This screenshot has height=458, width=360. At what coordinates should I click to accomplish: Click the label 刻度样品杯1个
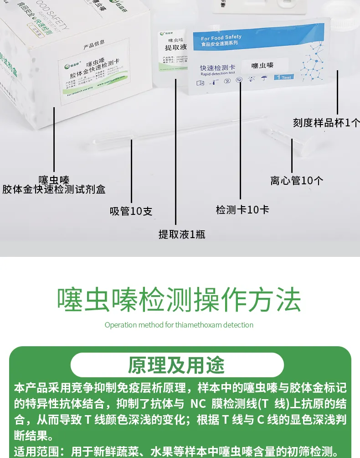click(x=326, y=123)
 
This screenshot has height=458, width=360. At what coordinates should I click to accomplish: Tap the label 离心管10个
click(x=297, y=180)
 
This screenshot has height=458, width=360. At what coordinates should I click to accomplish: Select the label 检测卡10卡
click(x=242, y=209)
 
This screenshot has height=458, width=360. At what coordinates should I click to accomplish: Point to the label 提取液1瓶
click(x=182, y=234)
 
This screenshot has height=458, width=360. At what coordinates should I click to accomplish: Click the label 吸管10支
click(x=131, y=211)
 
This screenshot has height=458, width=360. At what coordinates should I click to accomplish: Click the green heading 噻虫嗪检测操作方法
click(x=179, y=300)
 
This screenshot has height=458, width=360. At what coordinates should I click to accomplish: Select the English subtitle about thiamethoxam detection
click(x=179, y=325)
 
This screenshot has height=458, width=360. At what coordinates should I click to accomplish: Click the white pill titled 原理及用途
click(x=177, y=365)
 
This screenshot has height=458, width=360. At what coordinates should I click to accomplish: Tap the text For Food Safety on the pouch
click(x=221, y=37)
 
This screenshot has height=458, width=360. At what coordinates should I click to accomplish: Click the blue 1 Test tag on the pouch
click(x=283, y=77)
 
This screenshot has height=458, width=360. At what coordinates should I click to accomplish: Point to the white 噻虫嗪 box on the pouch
click(x=263, y=65)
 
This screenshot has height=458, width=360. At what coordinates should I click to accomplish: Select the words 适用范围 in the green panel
click(x=35, y=451)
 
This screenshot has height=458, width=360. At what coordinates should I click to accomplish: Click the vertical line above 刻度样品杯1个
click(x=338, y=91)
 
